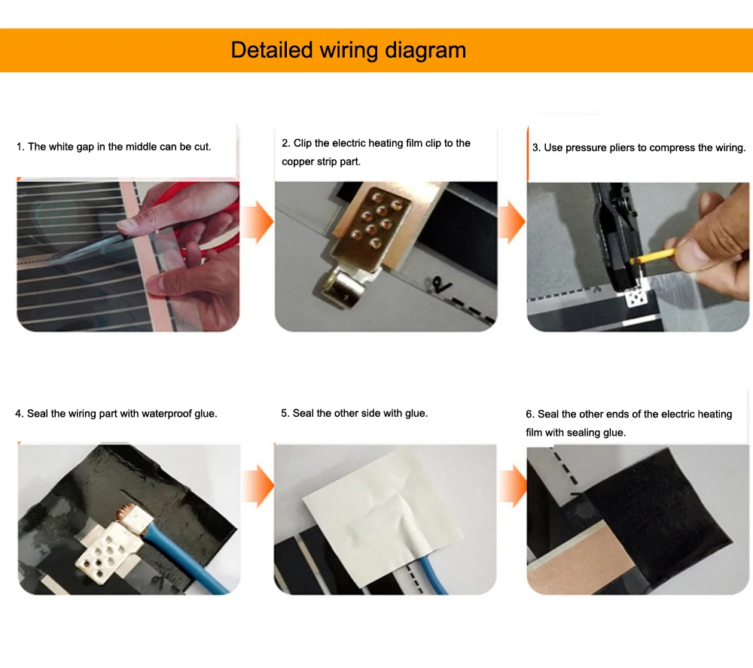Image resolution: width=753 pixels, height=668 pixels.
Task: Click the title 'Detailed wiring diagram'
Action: click(348, 50)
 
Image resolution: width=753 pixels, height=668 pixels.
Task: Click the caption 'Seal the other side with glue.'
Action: click(355, 413)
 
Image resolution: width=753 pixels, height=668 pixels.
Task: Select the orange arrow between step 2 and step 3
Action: click(512, 222)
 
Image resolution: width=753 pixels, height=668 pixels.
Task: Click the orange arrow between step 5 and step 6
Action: click(513, 486)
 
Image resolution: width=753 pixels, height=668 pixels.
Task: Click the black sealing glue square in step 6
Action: click(658, 518)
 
